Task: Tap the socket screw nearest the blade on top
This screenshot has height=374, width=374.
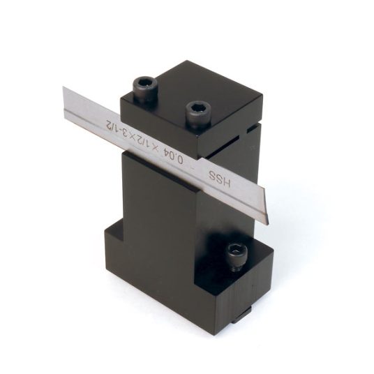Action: pyautogui.click(x=198, y=113)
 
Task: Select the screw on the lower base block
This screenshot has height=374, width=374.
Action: pyautogui.click(x=237, y=256)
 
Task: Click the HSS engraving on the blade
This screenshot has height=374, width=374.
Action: pyautogui.click(x=219, y=179)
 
